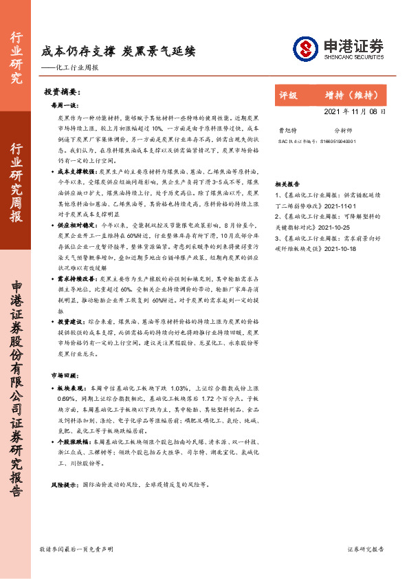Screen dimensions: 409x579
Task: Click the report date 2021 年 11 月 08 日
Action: tap(354, 111)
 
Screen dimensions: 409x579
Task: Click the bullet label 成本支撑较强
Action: tap(78, 169)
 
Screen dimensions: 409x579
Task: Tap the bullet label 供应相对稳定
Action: tap(78, 224)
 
